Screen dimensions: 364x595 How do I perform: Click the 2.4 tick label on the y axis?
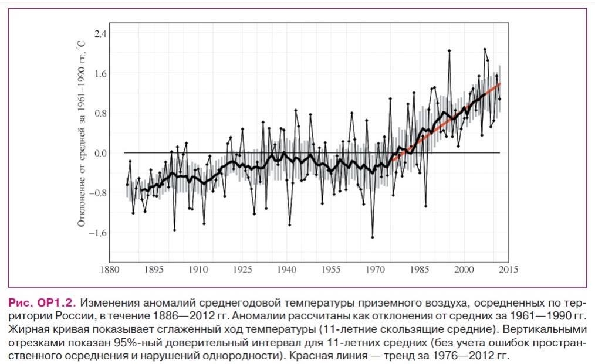100,33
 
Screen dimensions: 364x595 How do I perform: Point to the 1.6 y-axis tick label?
100,73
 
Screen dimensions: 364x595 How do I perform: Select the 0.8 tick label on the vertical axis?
100,113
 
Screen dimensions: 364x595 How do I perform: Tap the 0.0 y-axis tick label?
100,153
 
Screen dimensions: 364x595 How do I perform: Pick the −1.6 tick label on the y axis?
97,233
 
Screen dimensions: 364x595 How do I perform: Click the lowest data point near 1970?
373,237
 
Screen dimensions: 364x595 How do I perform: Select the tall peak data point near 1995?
449,51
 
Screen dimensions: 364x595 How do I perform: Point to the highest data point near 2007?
485,49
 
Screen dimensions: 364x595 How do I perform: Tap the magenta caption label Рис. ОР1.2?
42,303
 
